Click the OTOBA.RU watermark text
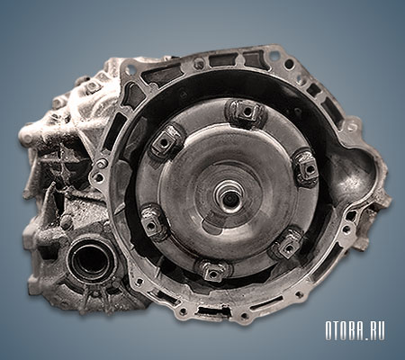(x=355, y=331)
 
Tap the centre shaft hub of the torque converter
(x=229, y=197)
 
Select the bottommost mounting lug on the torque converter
(x=212, y=273)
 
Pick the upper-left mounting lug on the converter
(x=166, y=141)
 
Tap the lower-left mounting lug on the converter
(x=152, y=222)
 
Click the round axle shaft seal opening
(x=89, y=260)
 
